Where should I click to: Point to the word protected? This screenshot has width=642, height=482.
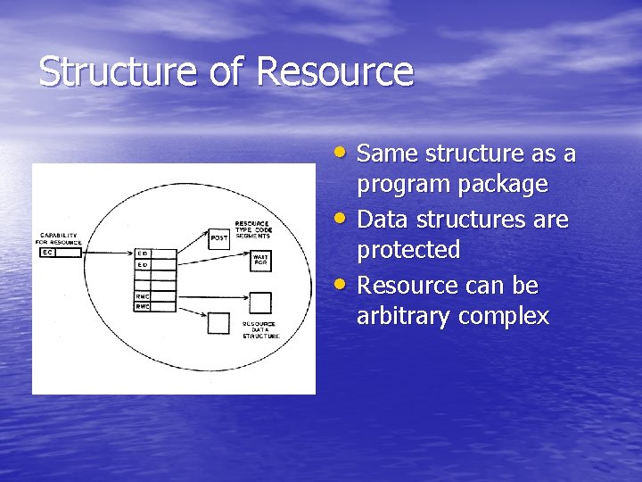408,251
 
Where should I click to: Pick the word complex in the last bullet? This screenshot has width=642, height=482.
507,317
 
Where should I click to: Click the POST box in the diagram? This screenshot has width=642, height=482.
218,237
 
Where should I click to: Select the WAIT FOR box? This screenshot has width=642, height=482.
260,260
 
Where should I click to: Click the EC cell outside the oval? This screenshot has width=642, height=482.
48,253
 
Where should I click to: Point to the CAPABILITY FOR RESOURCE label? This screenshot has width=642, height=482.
58,239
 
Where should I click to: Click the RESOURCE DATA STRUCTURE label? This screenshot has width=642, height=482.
259,329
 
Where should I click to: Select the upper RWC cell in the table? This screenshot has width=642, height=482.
142,295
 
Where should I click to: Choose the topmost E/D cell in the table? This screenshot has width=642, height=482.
142,253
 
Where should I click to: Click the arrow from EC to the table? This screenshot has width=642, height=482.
107,253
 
